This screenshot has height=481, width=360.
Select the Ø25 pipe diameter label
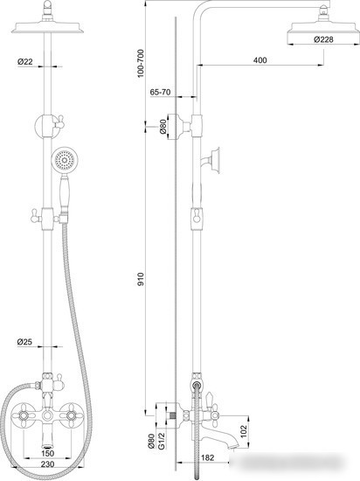coord(24,343)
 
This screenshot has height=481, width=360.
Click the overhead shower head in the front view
coord(49,31)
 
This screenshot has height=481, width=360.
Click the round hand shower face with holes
coord(64,161)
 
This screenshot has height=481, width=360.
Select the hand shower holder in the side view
coord(212,159)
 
